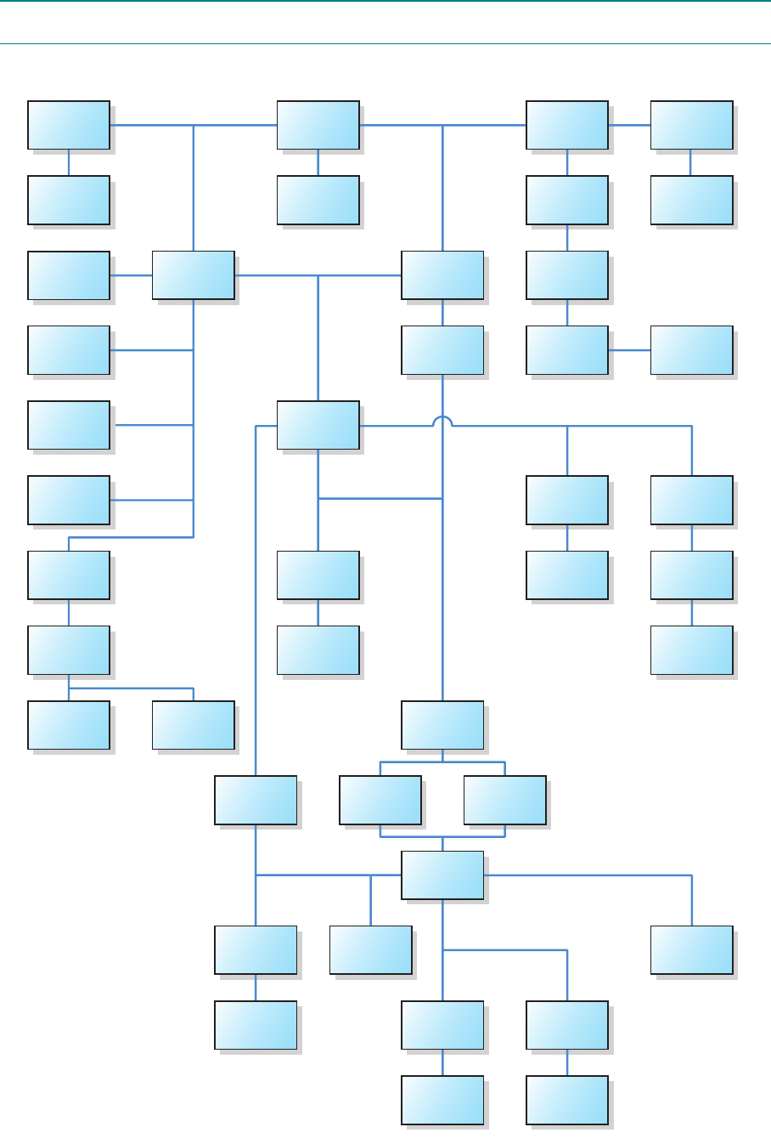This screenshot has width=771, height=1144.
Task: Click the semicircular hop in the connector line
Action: [x=442, y=421]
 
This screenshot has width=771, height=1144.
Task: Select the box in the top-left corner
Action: [x=69, y=125]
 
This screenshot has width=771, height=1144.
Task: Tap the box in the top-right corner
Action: [x=691, y=125]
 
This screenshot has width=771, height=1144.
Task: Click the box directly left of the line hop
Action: [x=318, y=425]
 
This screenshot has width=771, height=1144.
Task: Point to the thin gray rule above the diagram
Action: [x=385, y=43]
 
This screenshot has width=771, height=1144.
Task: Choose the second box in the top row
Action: [x=318, y=125]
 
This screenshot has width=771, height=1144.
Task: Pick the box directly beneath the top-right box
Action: [x=691, y=200]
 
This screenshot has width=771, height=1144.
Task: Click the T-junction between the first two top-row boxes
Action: [x=194, y=125]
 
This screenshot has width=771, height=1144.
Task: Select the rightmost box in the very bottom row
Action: [x=567, y=1100]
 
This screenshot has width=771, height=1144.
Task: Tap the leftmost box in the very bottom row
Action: [x=442, y=1100]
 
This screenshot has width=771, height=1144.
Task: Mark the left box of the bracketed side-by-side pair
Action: [x=380, y=800]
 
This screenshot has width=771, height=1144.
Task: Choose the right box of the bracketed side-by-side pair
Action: [x=505, y=800]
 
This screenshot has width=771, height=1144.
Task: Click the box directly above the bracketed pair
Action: [x=442, y=725]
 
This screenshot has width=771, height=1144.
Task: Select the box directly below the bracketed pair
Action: [x=442, y=875]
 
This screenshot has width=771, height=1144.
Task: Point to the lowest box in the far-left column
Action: [x=69, y=725]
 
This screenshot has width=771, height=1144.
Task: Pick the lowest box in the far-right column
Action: [x=691, y=949]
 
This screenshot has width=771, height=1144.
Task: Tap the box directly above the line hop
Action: [x=442, y=350]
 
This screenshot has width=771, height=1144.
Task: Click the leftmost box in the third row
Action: [x=69, y=275]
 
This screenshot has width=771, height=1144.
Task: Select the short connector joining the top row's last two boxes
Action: [x=629, y=125]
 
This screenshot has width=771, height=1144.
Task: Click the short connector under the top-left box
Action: [x=69, y=162]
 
